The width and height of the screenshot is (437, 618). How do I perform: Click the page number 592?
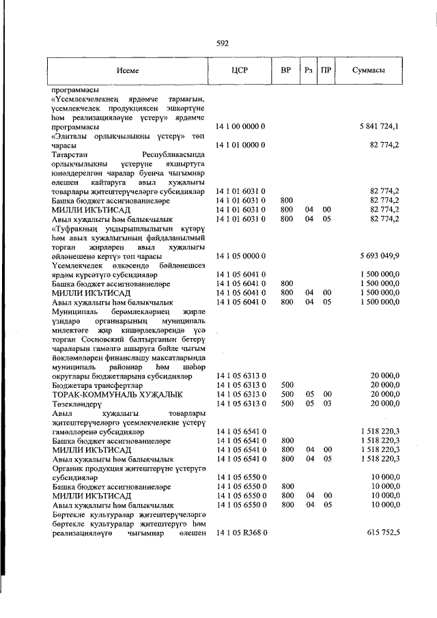click(x=222, y=43)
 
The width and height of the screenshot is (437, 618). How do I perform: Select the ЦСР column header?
click(x=240, y=70)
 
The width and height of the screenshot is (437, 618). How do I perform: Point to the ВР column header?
click(x=287, y=70)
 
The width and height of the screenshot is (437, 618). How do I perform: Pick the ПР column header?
click(x=327, y=70)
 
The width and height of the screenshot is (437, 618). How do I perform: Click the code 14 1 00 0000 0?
click(x=240, y=127)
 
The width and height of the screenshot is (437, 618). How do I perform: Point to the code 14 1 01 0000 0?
click(x=240, y=145)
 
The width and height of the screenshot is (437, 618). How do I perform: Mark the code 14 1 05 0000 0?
click(x=240, y=256)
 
